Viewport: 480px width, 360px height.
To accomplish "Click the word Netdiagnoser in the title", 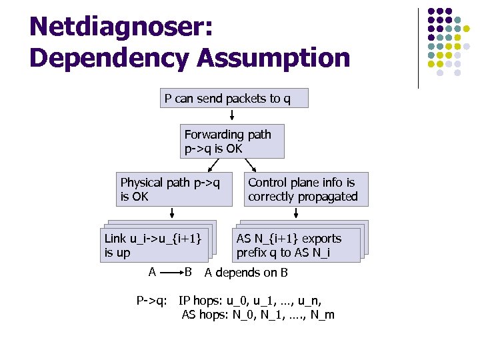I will (121, 27).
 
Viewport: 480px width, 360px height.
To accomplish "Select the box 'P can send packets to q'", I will (227, 99).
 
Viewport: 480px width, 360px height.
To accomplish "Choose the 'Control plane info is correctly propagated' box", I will (303, 189).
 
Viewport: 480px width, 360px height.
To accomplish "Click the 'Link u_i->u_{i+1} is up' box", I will (153, 245).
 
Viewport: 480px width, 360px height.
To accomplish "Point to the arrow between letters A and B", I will (170, 273).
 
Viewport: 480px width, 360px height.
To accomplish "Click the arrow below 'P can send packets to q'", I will (222, 115).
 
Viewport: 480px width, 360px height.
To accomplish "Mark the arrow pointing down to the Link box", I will (172, 212).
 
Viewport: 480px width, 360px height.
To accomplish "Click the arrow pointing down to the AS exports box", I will (297, 212).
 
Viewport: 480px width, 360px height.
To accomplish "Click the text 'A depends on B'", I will (246, 272).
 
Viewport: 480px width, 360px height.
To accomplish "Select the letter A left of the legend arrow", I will (152, 272).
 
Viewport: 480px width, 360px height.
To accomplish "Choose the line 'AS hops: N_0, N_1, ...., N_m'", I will (258, 315).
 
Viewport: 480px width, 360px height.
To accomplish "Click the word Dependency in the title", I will (109, 57).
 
